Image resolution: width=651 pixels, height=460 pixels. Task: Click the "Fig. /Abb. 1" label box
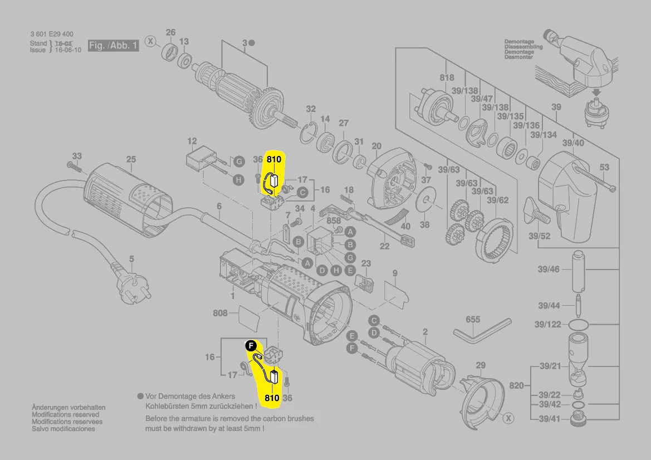click(x=113, y=46)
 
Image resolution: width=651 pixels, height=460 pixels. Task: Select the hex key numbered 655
click(x=481, y=330)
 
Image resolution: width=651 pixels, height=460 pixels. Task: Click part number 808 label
click(x=220, y=313)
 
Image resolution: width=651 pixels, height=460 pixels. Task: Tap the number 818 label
click(x=447, y=78)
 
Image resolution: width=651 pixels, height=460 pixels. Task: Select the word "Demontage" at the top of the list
click(x=518, y=42)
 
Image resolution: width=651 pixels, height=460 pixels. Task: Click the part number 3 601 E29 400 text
click(x=52, y=35)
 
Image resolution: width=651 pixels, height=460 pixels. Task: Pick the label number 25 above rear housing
click(x=130, y=159)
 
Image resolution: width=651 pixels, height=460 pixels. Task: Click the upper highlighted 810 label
click(x=274, y=159)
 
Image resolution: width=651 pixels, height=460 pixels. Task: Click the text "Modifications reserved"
click(x=65, y=415)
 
